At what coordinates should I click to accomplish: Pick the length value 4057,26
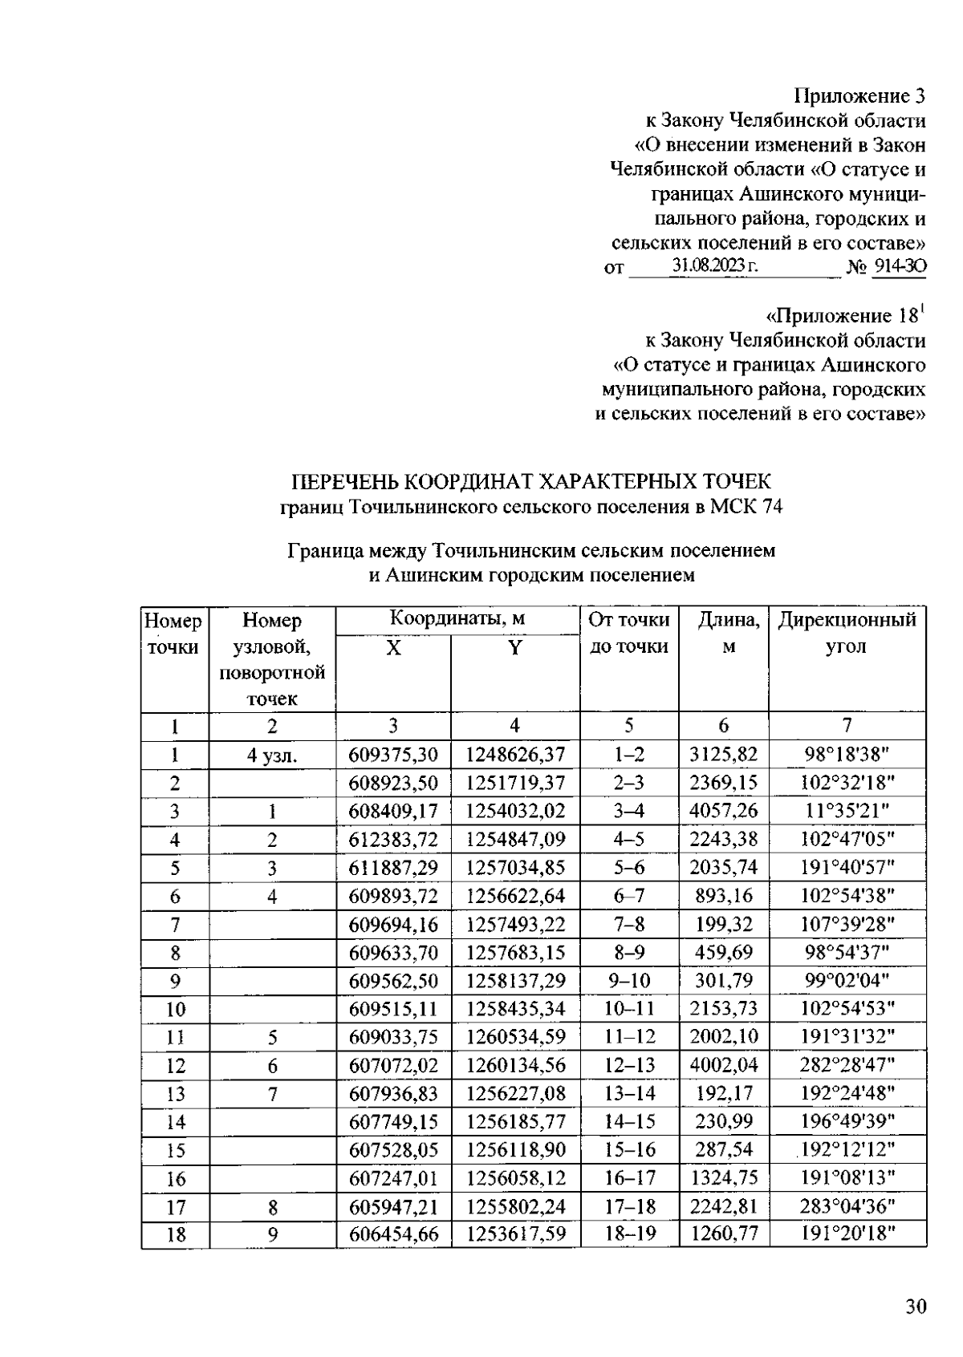coord(723,811)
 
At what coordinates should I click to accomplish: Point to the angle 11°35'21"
coord(847,811)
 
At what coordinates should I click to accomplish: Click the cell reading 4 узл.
coord(272,755)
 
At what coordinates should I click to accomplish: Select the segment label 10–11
coord(629,1009)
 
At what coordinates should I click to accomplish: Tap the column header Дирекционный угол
coord(847,633)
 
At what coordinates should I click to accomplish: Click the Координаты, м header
coord(457,619)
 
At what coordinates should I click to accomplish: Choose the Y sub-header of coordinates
coord(514,648)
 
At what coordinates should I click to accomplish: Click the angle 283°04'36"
coord(847,1205)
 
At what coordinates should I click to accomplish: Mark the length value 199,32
coord(723,925)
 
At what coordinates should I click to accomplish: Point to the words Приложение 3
coord(859,96)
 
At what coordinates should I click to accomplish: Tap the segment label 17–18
coord(629,1205)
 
